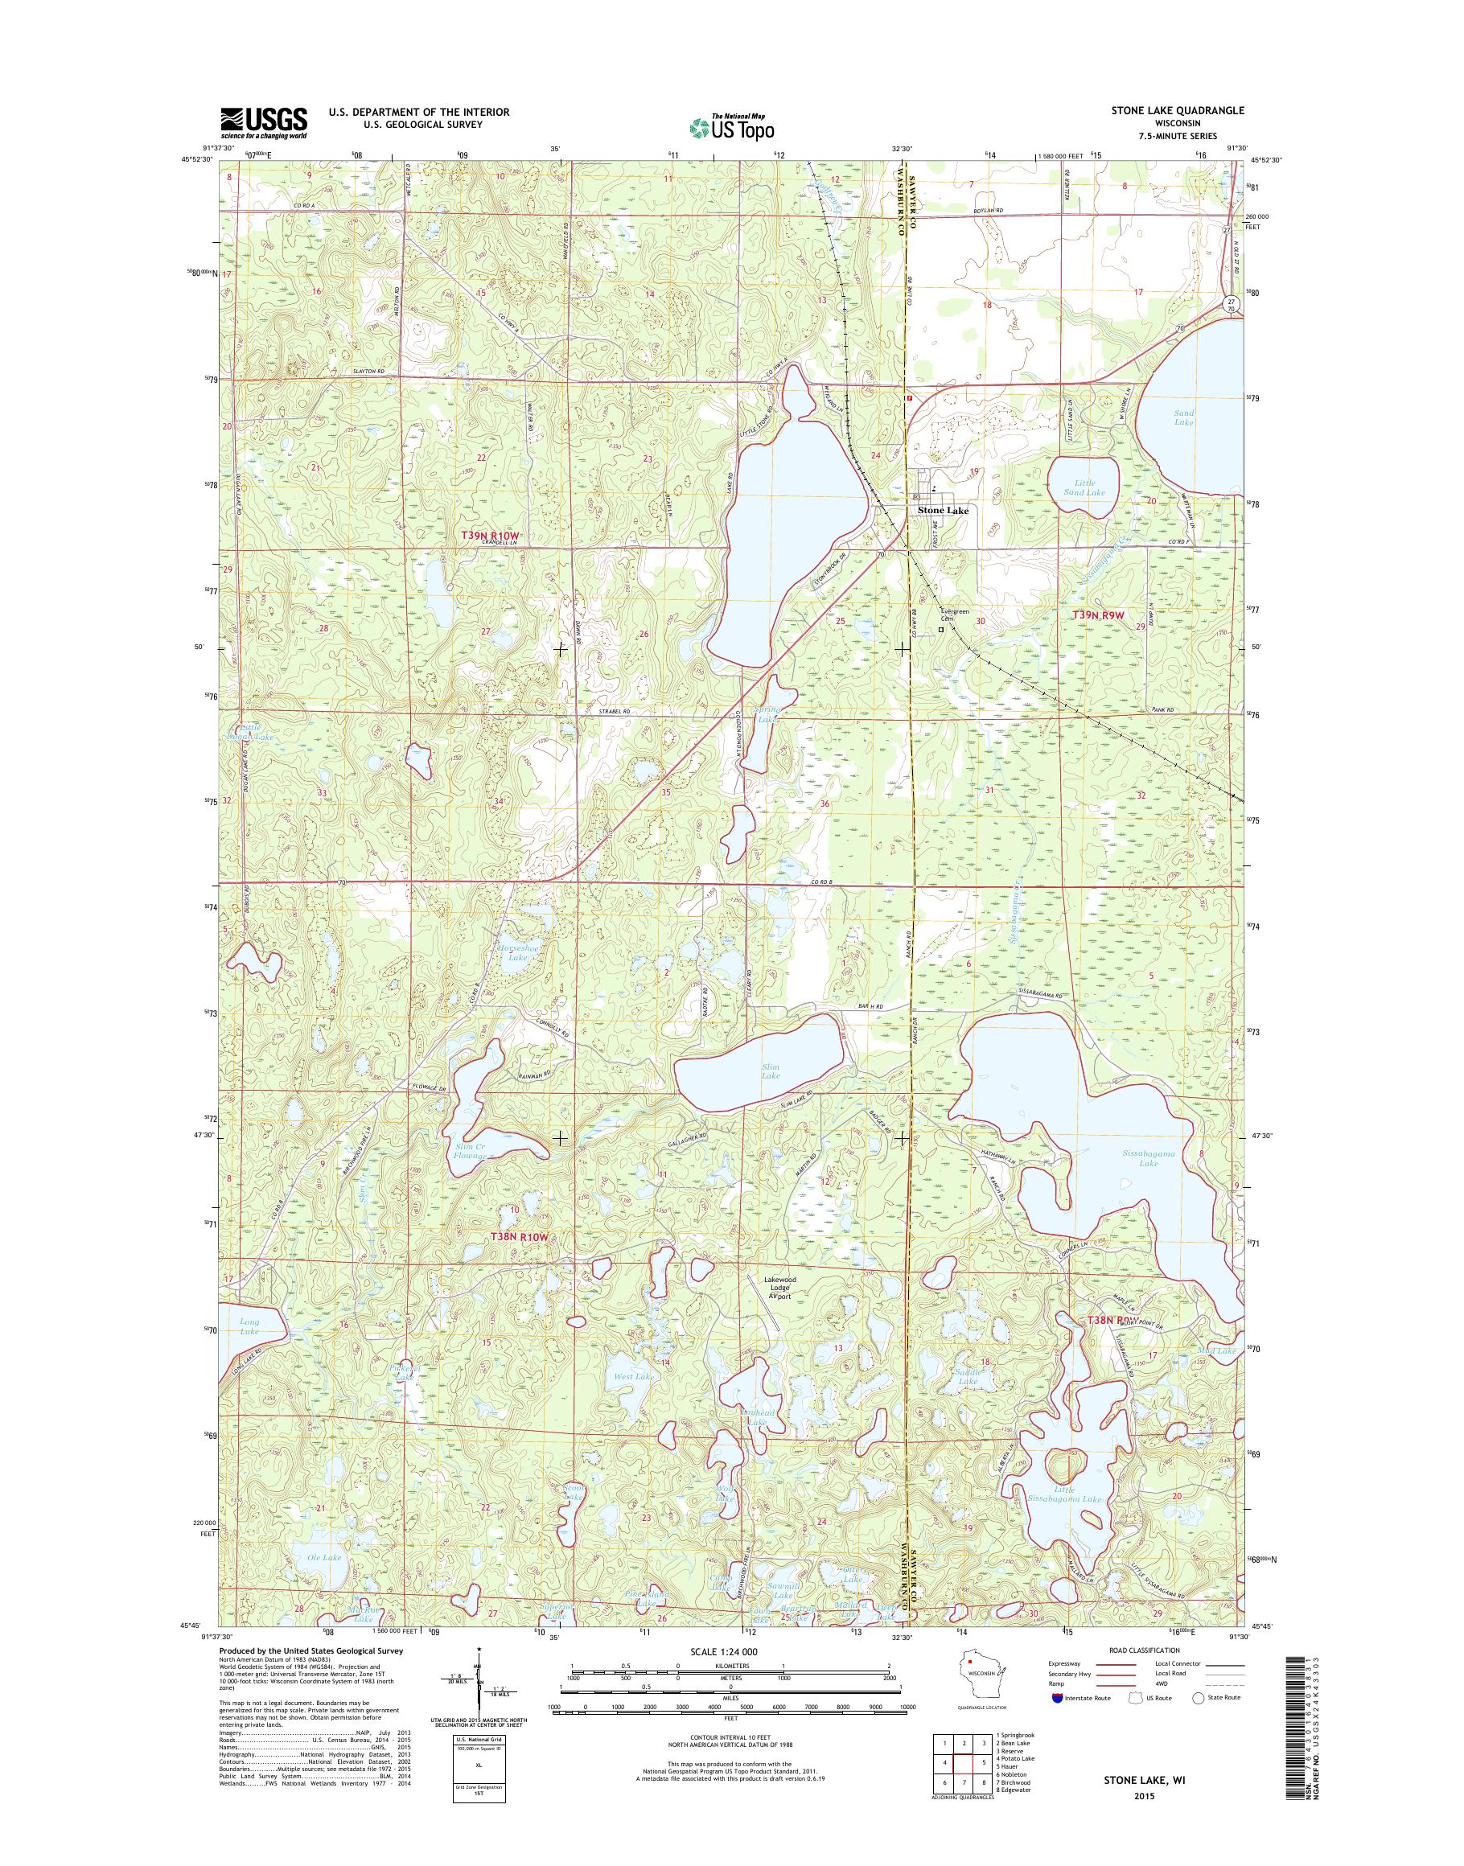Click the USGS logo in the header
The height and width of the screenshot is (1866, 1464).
pos(264,122)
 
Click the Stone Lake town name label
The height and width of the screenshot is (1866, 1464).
pos(943,511)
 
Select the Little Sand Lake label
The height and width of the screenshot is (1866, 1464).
pos(1083,487)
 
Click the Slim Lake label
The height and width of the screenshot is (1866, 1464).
pos(771,1071)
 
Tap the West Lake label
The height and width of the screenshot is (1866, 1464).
pos(635,1399)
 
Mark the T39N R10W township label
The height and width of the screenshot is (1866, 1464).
pos(491,536)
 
